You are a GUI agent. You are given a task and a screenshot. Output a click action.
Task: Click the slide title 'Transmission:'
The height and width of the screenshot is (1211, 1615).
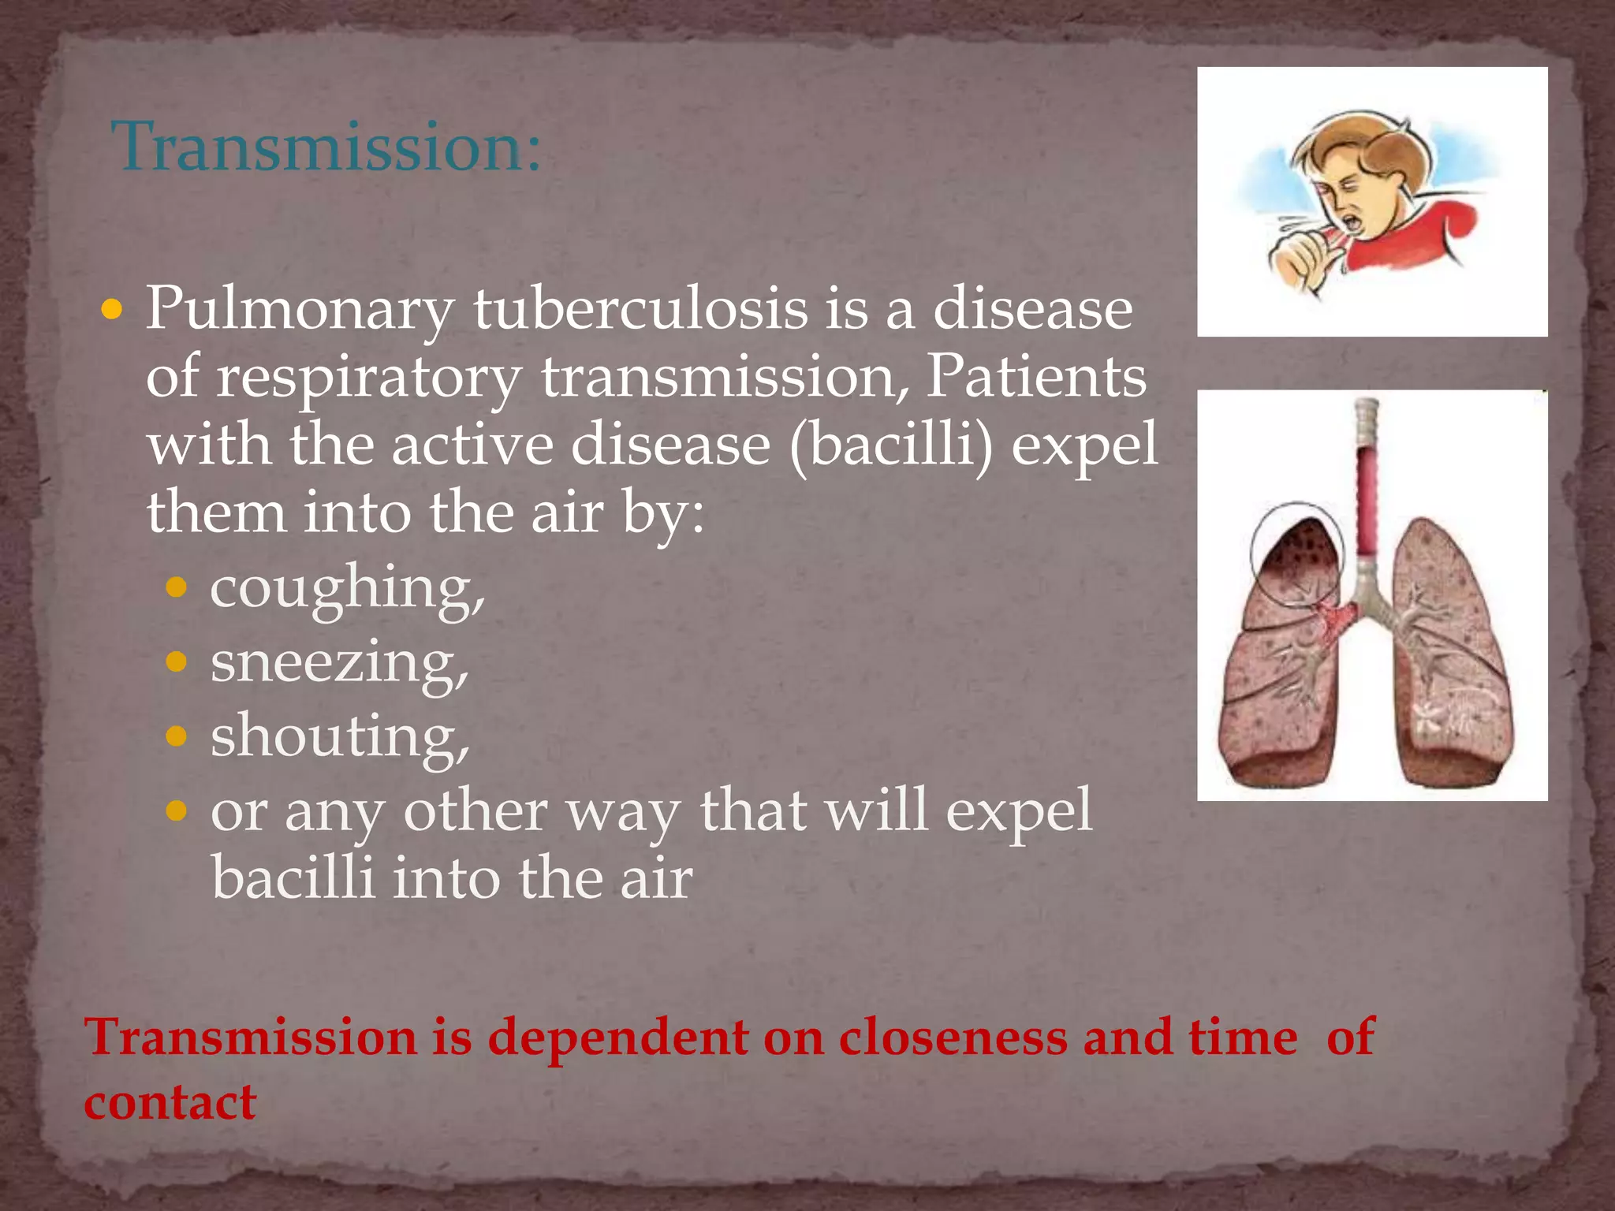point(326,147)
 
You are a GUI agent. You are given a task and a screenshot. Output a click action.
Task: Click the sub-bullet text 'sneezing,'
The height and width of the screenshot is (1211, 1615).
point(339,664)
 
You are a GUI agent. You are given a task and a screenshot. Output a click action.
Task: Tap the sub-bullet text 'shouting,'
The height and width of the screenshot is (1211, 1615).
point(340,737)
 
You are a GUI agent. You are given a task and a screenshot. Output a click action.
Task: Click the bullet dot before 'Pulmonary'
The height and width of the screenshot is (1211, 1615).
point(112,309)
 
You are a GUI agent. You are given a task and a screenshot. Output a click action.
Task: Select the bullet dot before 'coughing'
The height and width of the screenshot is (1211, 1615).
point(177,587)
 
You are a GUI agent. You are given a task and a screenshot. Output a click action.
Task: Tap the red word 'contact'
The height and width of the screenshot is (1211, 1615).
point(170,1102)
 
